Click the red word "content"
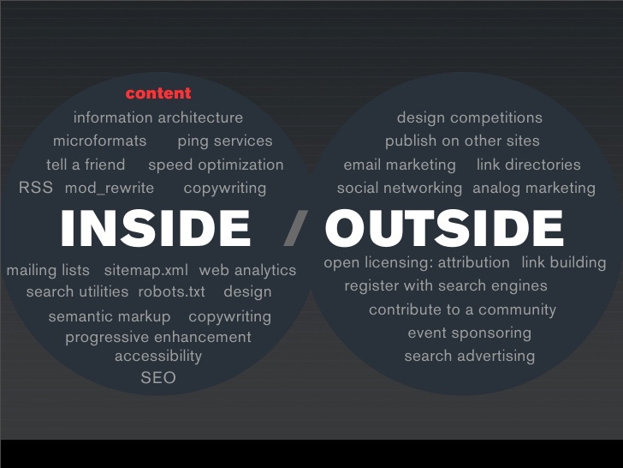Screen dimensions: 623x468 coord(158,93)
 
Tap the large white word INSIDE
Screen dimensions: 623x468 coord(156,228)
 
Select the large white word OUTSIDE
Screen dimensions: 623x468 coord(444,228)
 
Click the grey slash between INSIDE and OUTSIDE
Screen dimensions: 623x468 coord(295,228)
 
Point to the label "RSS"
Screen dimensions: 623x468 coord(36,188)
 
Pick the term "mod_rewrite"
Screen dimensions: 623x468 coord(110,189)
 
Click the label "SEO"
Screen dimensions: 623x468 coord(158,378)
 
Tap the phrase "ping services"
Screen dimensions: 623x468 coord(225,141)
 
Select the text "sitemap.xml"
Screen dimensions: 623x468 coord(145,270)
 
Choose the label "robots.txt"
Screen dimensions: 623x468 coord(172,291)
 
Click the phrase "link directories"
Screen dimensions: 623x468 coord(529,165)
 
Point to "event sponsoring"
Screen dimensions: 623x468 coord(469,333)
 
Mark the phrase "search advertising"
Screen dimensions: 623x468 coord(469,357)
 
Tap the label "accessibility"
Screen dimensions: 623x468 coord(158,357)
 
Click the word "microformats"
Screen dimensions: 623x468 coord(100,141)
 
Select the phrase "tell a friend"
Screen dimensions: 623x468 coord(86,165)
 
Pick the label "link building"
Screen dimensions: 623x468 coord(564,263)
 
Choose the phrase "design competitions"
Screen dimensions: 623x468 coord(470,117)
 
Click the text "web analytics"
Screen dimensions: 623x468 coord(247,271)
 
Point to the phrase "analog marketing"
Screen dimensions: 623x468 coord(534,189)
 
